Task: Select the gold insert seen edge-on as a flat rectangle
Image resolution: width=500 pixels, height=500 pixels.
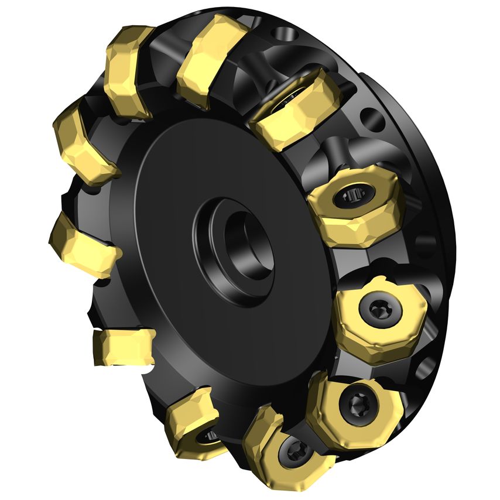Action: click(x=124, y=346)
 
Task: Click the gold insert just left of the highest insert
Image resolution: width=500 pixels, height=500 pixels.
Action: click(x=129, y=70)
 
